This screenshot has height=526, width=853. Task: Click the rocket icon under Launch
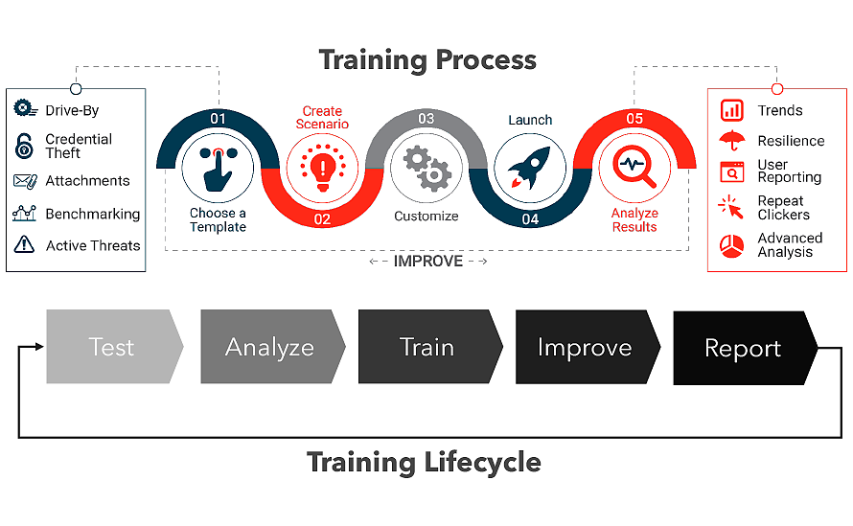[529, 168]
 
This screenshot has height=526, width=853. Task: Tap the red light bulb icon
[323, 168]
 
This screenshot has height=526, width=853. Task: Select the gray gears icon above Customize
[427, 168]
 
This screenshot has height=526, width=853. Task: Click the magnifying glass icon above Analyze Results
[634, 166]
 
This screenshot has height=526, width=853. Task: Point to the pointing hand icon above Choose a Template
[218, 169]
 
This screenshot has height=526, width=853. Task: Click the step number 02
[322, 219]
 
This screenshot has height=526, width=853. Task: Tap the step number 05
[634, 119]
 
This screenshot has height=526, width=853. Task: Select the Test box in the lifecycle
[114, 347]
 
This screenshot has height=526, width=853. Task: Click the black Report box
[745, 348]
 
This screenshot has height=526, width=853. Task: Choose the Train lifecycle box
[429, 347]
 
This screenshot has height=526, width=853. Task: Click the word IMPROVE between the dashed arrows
[428, 262]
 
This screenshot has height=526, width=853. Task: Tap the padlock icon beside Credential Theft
[24, 146]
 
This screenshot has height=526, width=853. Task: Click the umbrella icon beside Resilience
[731, 140]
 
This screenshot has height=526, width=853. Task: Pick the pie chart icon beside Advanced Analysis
[731, 246]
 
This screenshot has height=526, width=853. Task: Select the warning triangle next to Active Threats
[24, 244]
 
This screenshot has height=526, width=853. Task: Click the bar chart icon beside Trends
[731, 110]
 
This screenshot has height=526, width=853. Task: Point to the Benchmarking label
[92, 215]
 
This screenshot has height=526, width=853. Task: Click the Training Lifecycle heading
[424, 463]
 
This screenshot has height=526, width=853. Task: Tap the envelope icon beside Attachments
[25, 181]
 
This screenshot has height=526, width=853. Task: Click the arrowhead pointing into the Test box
[39, 347]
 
